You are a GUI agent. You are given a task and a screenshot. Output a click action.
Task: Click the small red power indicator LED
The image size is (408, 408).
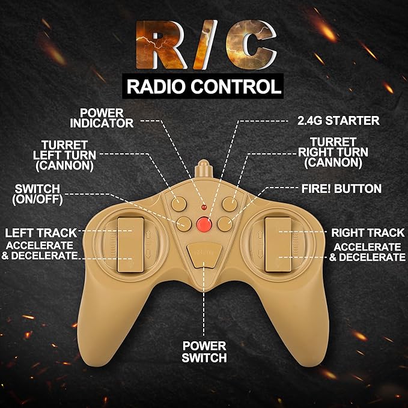[204, 207]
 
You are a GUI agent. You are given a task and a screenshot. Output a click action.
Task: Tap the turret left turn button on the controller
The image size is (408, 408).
[178, 204]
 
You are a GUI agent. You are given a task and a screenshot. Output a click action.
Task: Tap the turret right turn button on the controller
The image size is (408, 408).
[230, 204]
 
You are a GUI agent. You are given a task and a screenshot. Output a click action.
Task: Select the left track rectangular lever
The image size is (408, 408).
[130, 245]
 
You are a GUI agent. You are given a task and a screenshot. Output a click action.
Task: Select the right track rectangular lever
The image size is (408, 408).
[278, 245]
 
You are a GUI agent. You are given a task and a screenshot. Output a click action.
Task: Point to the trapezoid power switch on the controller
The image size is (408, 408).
[204, 255]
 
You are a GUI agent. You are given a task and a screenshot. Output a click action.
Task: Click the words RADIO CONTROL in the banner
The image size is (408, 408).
[204, 87]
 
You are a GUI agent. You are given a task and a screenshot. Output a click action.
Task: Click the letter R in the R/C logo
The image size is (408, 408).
[161, 44]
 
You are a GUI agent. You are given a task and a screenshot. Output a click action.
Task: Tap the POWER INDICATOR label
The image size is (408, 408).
[102, 118]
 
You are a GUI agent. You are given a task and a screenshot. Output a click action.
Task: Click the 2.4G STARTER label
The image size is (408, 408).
[338, 121]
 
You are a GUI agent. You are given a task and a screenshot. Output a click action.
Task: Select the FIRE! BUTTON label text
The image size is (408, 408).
[341, 189]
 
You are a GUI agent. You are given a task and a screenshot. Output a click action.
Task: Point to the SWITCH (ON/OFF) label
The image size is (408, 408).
[37, 194]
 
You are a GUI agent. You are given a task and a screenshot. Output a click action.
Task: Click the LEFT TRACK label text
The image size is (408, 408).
[41, 233]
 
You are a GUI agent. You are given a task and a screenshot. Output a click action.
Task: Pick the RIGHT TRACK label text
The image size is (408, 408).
[368, 233]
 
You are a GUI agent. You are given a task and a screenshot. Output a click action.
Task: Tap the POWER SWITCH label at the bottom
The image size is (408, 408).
[204, 352]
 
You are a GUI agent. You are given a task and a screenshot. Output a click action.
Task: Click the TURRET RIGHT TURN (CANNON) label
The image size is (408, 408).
[333, 153]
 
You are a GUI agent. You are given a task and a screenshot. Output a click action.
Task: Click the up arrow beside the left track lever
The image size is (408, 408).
[148, 235]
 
